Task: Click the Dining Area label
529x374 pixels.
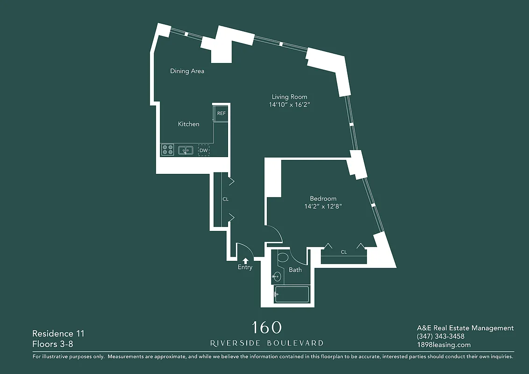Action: [x=187, y=71]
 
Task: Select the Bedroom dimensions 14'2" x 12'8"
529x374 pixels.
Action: [x=323, y=206]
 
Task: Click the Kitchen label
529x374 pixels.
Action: [x=188, y=124]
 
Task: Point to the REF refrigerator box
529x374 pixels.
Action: [x=221, y=114]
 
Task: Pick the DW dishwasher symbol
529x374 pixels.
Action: [x=203, y=151]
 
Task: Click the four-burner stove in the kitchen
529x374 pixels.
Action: [x=168, y=150]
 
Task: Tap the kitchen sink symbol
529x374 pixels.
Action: [x=186, y=151]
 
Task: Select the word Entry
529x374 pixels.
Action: [x=245, y=267]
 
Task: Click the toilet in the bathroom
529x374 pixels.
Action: [x=283, y=257]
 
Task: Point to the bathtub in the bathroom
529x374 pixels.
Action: [x=292, y=295]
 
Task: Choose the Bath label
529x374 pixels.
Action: [x=295, y=270]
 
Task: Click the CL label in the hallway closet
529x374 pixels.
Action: [x=225, y=199]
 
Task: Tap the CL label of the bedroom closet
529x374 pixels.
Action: [x=343, y=252]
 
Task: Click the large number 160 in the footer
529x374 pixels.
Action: [x=266, y=328]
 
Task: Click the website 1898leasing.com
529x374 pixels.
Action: [x=443, y=345]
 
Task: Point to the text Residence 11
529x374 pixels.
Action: [x=58, y=334]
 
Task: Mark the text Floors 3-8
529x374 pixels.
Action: [x=53, y=345]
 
